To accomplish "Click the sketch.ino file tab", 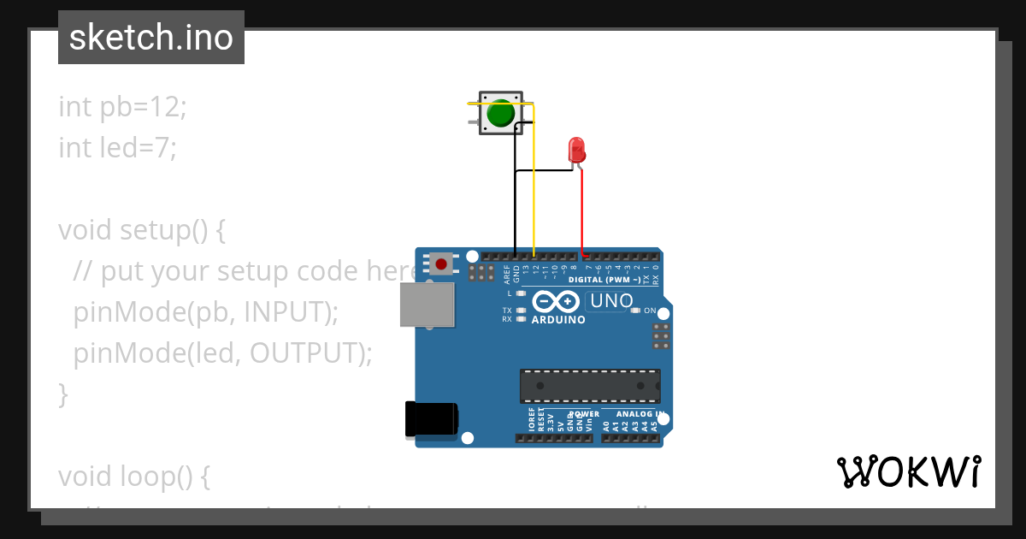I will click(x=151, y=38).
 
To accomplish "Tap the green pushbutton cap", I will click(x=500, y=113).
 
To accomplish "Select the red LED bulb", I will click(x=577, y=150).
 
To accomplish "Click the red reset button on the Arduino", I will click(x=441, y=264).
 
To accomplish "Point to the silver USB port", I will click(x=427, y=305).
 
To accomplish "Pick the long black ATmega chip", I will click(x=590, y=386).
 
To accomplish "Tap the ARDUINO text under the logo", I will click(x=558, y=320).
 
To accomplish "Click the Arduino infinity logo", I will click(x=557, y=301).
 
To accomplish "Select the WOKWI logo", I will click(x=908, y=472).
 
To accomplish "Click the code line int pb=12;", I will click(x=122, y=107).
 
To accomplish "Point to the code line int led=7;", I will click(x=117, y=148).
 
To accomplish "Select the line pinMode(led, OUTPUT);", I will click(x=222, y=353).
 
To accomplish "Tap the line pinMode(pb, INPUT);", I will click(x=206, y=312).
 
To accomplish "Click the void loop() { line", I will click(x=133, y=477).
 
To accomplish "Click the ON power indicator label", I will click(x=650, y=311).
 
